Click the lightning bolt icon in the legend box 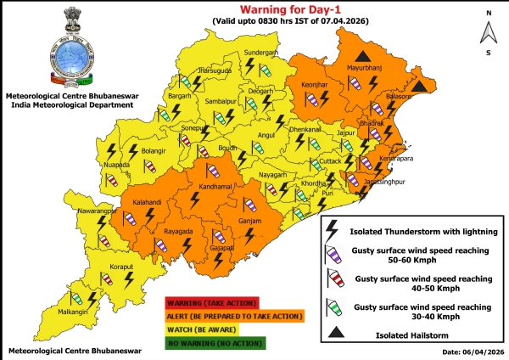tap(333, 228)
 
